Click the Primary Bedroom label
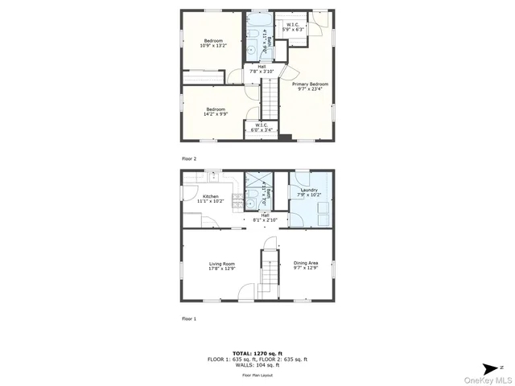tap(309, 84)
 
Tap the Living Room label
tap(222, 264)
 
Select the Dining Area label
tap(306, 264)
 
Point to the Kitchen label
tap(211, 196)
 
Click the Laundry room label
tap(309, 190)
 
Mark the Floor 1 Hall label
tap(265, 215)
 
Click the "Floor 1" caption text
tap(189, 318)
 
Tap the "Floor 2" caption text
tap(189, 158)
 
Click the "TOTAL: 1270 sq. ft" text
tap(257, 353)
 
